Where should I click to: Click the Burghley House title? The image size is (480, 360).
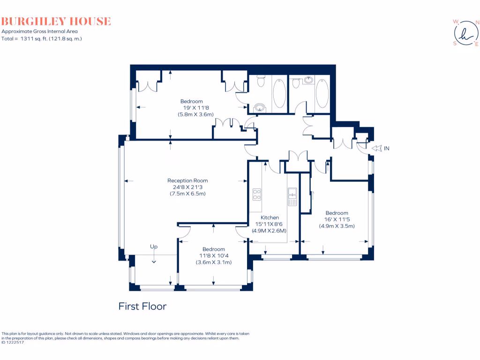pos(56,21)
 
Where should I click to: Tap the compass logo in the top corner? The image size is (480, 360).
pos(465,33)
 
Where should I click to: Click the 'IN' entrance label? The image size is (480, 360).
pos(387,148)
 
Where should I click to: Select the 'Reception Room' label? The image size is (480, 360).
pos(187,180)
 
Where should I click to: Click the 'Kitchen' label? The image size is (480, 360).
pos(270,217)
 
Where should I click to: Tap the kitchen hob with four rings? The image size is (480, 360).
pos(257,194)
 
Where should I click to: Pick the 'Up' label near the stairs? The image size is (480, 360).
pos(153,246)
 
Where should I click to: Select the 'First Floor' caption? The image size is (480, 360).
pos(142,307)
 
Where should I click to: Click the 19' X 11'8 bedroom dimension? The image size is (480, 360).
pos(192,108)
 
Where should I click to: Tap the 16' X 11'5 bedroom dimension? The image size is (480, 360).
pos(337,219)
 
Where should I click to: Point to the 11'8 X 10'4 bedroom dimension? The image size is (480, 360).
pos(214,256)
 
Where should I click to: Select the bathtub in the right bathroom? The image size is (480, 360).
pos(322,93)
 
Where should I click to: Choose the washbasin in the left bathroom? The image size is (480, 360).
pos(260,107)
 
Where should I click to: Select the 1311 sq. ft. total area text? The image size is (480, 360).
pos(42,39)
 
